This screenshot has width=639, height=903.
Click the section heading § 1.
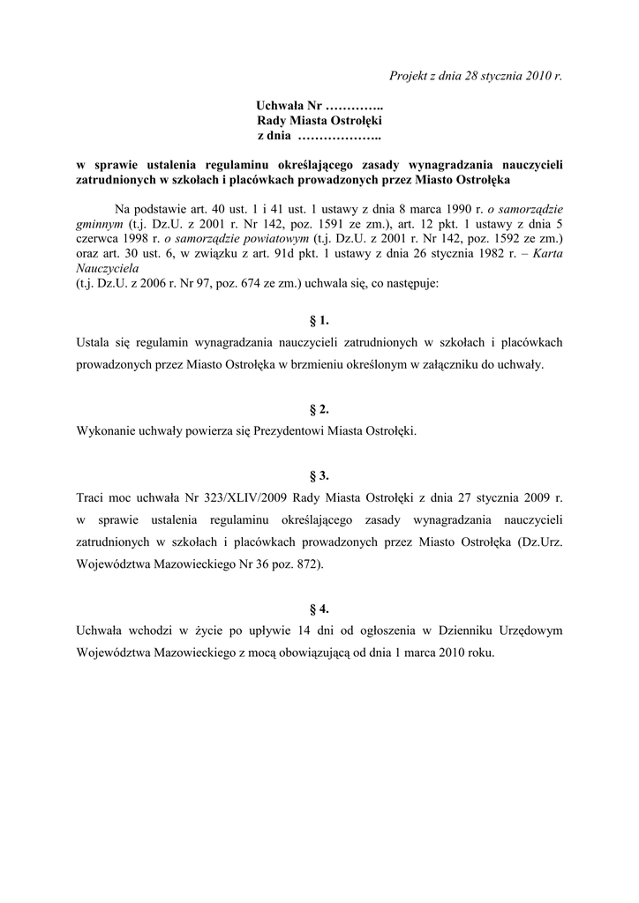(x=319, y=319)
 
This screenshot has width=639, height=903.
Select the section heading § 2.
(x=319, y=409)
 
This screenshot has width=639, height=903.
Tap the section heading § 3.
(x=319, y=475)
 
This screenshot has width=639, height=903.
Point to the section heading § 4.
(x=319, y=608)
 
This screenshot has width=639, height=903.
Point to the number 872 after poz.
(x=310, y=564)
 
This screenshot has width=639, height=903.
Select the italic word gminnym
(x=99, y=224)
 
